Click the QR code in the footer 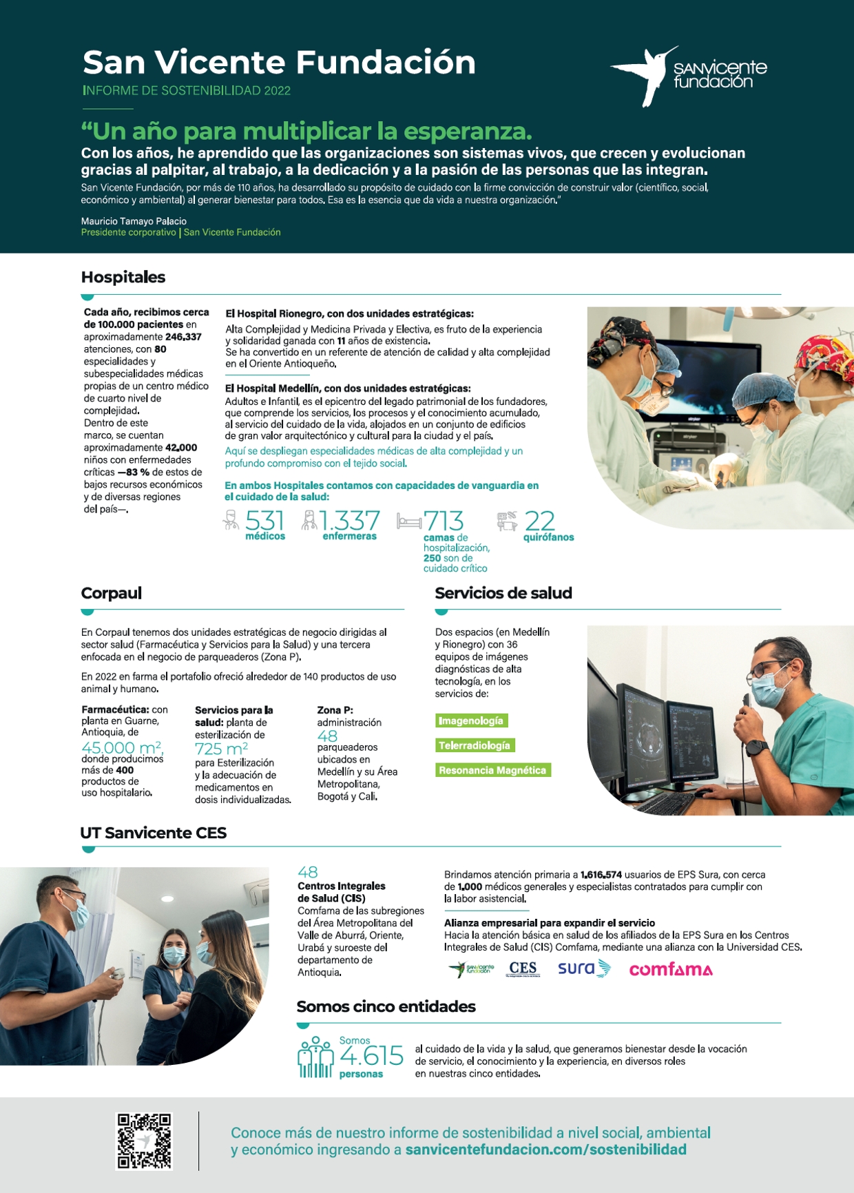(x=143, y=1140)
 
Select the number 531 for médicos (x=265, y=521)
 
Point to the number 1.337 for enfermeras (x=350, y=521)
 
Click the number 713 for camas (x=444, y=521)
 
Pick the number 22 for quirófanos (x=540, y=521)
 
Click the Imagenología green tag (x=472, y=720)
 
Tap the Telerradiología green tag (x=475, y=745)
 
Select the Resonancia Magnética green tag (x=492, y=770)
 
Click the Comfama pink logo (x=671, y=969)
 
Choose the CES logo (x=523, y=969)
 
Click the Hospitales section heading (x=123, y=277)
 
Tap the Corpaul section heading (x=112, y=593)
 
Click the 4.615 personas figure (x=371, y=1056)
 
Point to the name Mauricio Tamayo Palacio (x=134, y=221)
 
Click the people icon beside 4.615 (x=316, y=1058)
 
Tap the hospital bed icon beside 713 (x=409, y=521)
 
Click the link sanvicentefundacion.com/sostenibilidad (x=546, y=1150)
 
